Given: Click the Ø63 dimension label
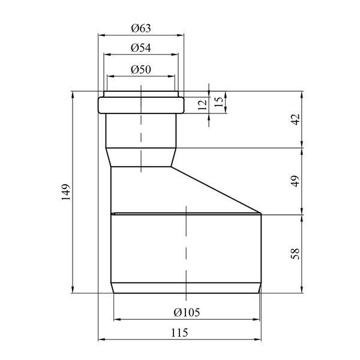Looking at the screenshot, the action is pyautogui.click(x=141, y=28).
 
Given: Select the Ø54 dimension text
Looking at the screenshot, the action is pyautogui.click(x=141, y=48).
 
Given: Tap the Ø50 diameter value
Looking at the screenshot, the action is pyautogui.click(x=141, y=70).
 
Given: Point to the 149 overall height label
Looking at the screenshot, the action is pyautogui.click(x=65, y=192).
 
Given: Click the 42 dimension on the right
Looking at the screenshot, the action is pyautogui.click(x=295, y=119).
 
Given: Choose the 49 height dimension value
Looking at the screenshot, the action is pyautogui.click(x=295, y=181).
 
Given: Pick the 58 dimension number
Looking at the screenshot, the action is pyautogui.click(x=295, y=254).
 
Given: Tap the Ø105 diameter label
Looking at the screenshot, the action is pyautogui.click(x=187, y=312).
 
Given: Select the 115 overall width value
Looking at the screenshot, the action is pyautogui.click(x=179, y=332).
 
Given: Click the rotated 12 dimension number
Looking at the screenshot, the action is pyautogui.click(x=203, y=105).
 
